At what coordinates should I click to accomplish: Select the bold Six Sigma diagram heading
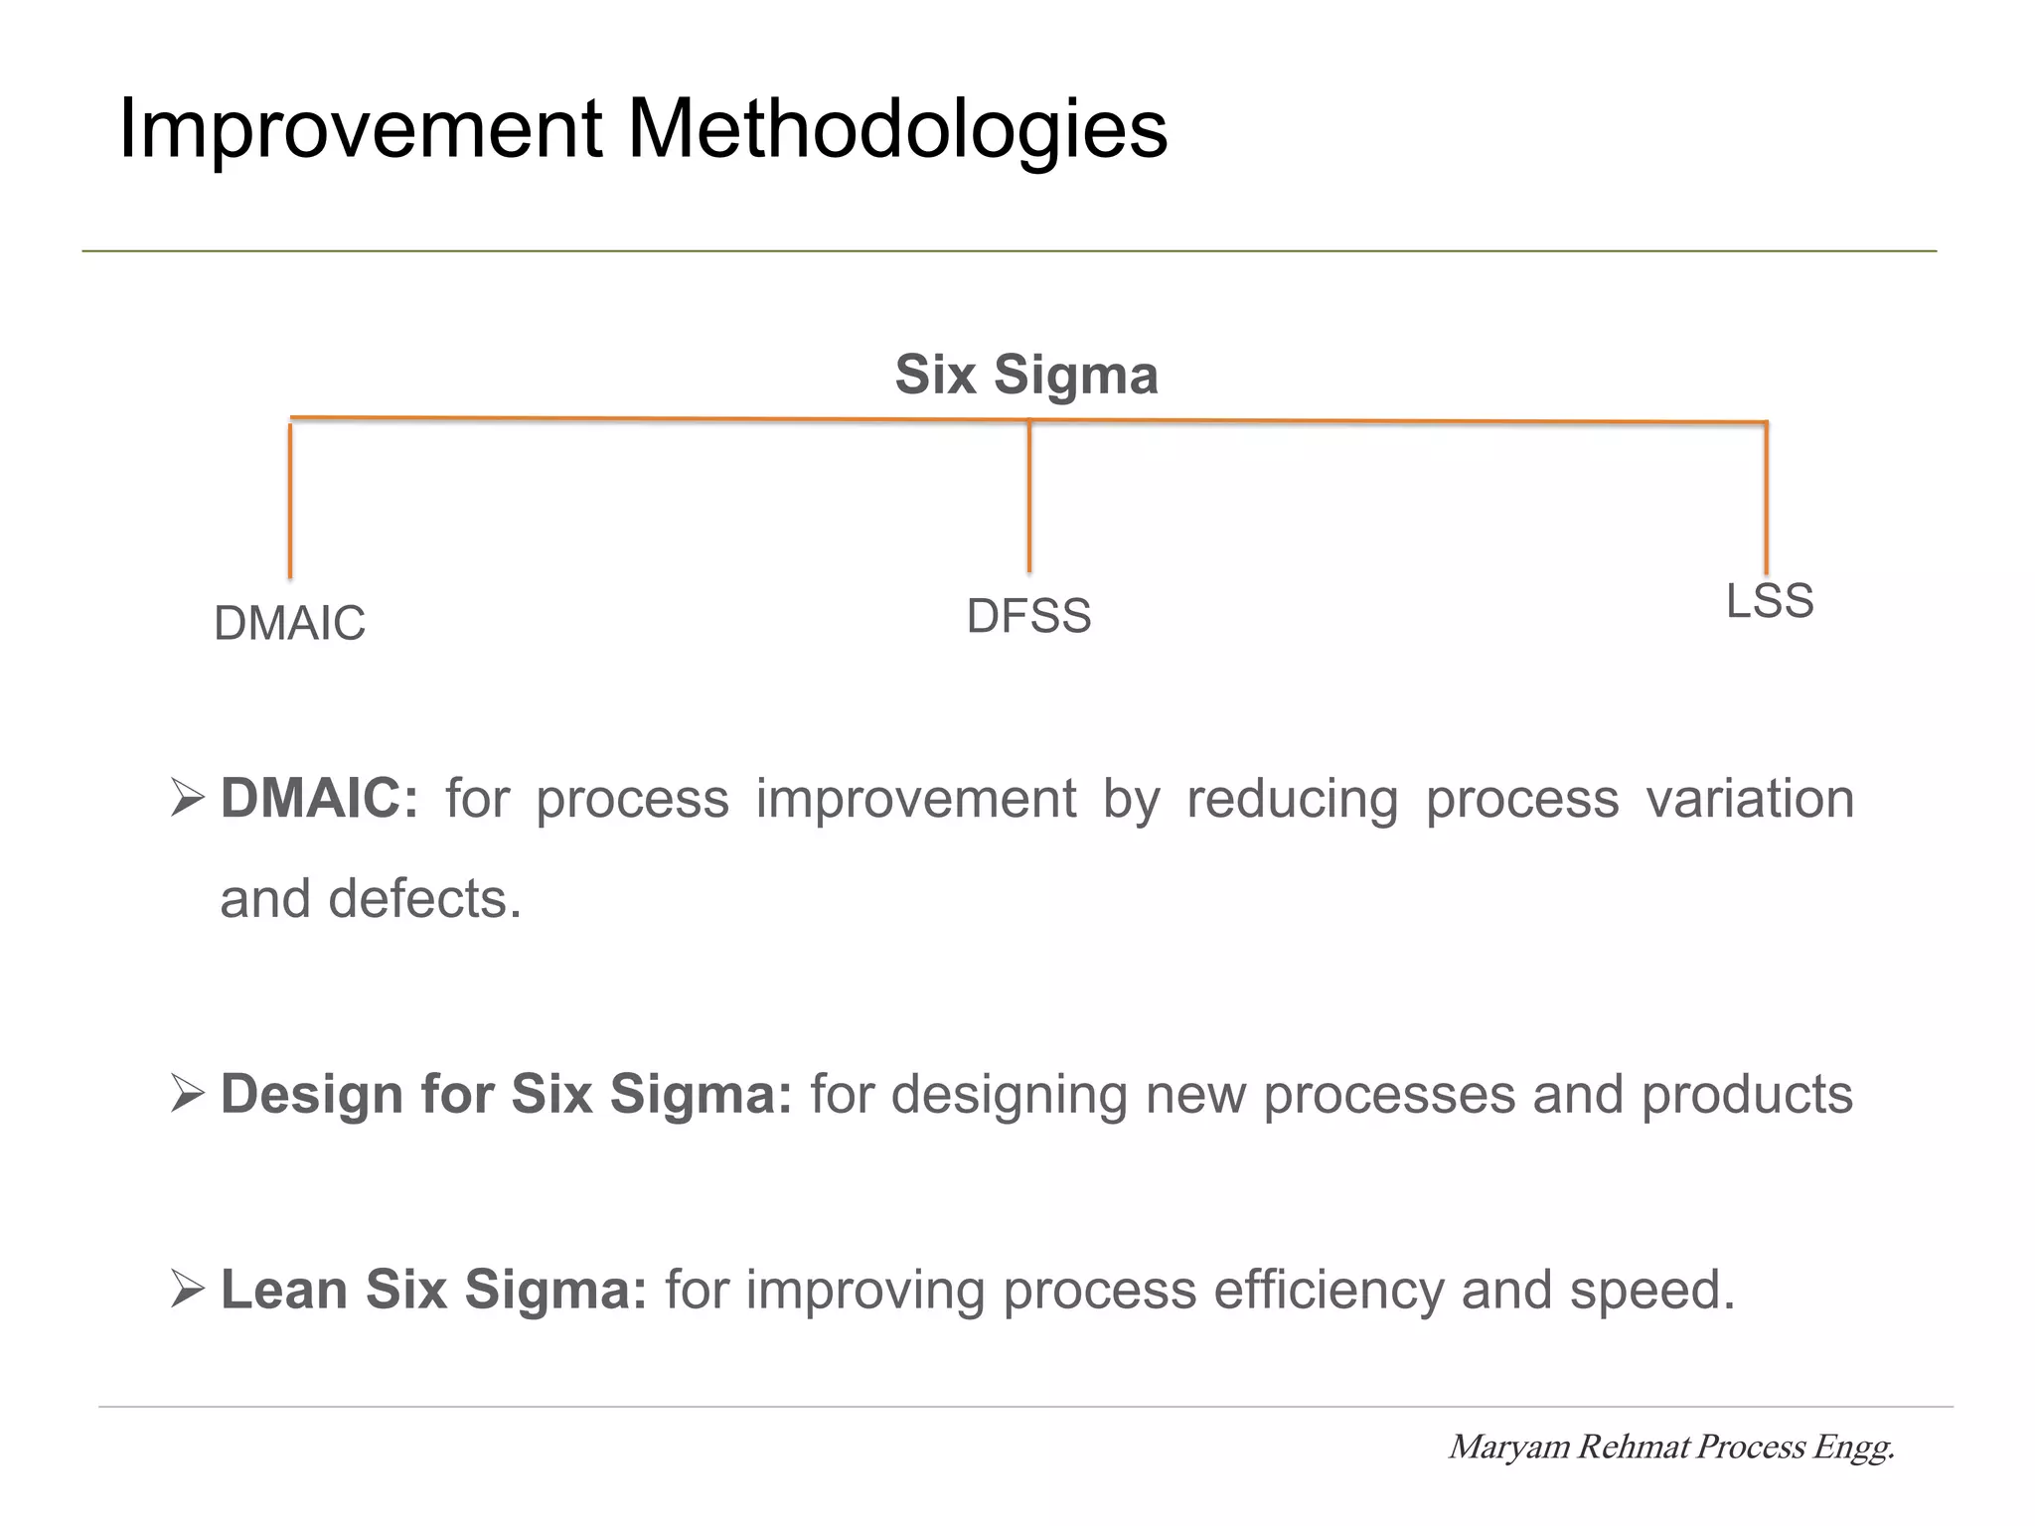tap(1026, 376)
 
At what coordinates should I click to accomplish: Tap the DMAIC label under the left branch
tap(289, 624)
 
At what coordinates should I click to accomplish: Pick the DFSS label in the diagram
tap(1028, 617)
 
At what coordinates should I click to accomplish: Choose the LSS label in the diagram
tap(1770, 601)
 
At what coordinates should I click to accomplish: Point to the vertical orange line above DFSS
tap(1029, 497)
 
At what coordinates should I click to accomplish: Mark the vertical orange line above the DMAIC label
tap(290, 502)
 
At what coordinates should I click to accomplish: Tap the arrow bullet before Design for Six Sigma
tap(187, 1095)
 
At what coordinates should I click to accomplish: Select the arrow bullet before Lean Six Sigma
tap(187, 1291)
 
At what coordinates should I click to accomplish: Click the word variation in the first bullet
tap(1750, 799)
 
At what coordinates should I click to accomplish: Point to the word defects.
tap(424, 899)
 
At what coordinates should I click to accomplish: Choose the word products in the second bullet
tap(1746, 1095)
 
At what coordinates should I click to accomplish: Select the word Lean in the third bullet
tap(284, 1291)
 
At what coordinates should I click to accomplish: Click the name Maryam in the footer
tap(1509, 1448)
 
